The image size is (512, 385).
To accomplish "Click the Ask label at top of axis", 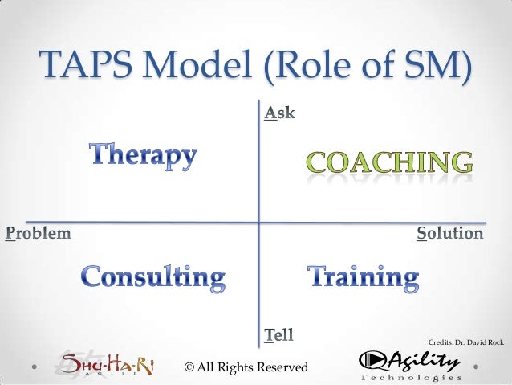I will (x=279, y=115).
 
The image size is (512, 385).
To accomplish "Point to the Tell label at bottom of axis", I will (x=280, y=333).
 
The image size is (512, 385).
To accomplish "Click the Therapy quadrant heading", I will (x=142, y=155).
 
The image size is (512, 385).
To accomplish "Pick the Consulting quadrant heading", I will (x=153, y=279).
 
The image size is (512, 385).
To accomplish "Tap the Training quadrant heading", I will (x=364, y=278).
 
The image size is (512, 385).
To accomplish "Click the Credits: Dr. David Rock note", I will (x=467, y=343).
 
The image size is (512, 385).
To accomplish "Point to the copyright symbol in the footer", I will (x=189, y=367).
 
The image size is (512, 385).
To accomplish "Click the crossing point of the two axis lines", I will (x=259, y=221).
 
